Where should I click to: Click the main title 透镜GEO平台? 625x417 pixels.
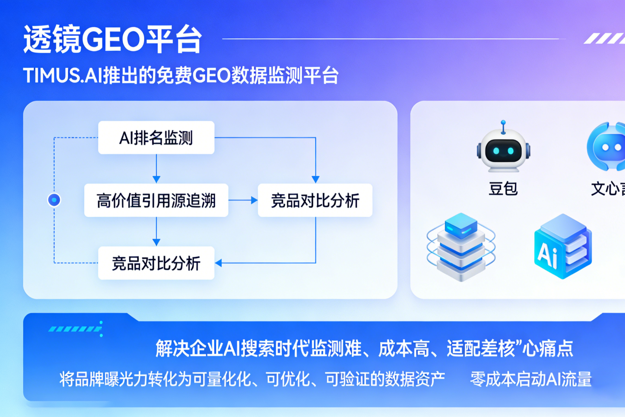tap(113, 39)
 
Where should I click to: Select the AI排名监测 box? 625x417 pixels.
tap(156, 138)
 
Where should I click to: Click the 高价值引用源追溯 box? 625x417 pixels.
tap(156, 200)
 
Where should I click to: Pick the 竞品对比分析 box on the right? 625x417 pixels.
tap(315, 200)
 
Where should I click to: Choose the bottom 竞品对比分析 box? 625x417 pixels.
tap(156, 263)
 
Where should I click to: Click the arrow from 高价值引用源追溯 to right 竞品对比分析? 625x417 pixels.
tap(243, 200)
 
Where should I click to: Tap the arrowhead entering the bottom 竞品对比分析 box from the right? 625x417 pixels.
tap(219, 263)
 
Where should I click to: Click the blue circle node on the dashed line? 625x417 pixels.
tap(54, 200)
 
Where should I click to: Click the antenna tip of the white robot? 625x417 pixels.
tap(504, 122)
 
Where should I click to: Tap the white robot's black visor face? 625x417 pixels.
tap(503, 151)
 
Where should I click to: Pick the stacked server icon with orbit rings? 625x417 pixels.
tap(461, 247)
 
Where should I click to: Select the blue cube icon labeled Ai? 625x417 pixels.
tap(563, 247)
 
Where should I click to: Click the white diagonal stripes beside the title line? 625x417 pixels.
tap(604, 38)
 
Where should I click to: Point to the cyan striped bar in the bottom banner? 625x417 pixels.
tap(75, 329)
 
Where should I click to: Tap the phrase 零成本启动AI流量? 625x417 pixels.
tap(531, 379)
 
